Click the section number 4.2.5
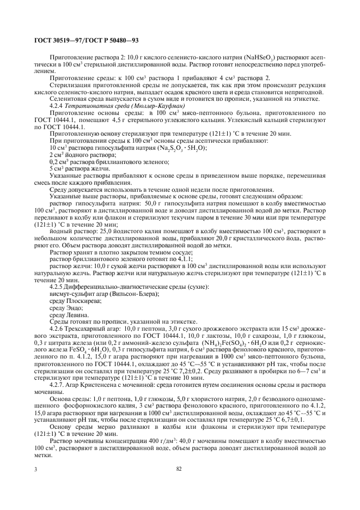pyautogui.click(x=57, y=286)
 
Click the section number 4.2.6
pyautogui.click(x=57, y=329)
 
